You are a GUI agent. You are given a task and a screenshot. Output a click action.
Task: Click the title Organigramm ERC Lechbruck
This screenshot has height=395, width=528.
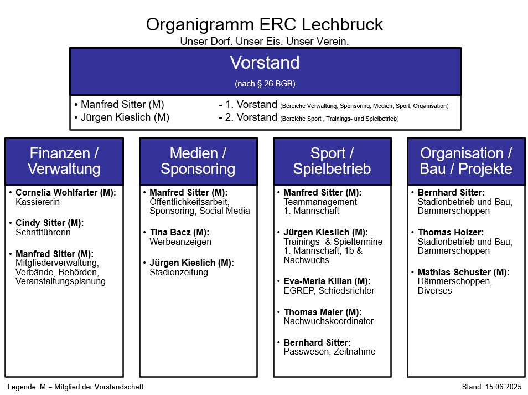pos(265,24)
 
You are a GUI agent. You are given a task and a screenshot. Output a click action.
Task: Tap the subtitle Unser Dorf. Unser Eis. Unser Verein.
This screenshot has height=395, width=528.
pos(265,41)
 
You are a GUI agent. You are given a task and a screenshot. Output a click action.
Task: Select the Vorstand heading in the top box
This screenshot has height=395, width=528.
pos(265,63)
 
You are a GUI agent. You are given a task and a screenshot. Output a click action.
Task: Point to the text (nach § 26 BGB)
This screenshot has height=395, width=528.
pos(265,84)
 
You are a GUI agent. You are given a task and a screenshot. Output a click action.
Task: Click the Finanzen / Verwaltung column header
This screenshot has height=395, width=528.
pos(64,161)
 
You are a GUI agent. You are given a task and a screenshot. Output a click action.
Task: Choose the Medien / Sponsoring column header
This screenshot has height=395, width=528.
pos(198,161)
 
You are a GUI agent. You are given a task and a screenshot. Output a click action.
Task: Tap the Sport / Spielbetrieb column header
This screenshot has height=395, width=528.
pos(332,161)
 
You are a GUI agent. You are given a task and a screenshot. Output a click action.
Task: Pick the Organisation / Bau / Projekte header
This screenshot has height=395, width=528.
pos(466,161)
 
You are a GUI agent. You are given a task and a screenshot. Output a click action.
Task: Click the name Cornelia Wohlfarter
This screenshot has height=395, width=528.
pos(56,192)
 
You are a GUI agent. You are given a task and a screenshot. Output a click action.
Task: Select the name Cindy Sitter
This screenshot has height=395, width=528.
pos(40,223)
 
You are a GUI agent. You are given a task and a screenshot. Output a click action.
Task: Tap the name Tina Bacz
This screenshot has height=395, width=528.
pos(170,232)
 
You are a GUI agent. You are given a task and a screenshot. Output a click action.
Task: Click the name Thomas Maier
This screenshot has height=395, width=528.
pos(313,312)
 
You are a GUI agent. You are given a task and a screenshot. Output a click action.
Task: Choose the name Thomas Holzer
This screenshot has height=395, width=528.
pos(451,232)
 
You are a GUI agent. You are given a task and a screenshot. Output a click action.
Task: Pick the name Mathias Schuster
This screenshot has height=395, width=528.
pos(454,272)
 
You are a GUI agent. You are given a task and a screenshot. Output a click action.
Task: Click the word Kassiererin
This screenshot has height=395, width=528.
pos(38,202)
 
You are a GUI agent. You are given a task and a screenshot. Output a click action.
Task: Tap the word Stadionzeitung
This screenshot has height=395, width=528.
pos(179,272)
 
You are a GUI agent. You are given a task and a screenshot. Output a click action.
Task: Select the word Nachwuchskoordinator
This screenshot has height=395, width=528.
pos(329,321)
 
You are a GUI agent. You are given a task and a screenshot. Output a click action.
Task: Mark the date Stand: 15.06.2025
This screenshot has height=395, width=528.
pos(491,387)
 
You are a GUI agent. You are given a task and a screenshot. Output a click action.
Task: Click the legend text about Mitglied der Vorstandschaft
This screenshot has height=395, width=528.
pos(75,387)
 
